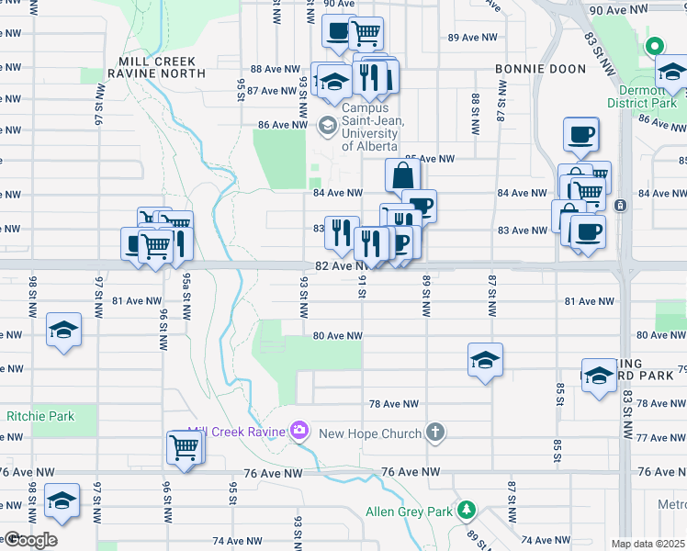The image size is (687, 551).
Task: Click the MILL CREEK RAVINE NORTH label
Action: pos(155,66)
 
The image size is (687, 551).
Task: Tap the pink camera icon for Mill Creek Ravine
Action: pos(298,430)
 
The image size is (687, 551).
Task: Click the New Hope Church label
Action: pos(378,433)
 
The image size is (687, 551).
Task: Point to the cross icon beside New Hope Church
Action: pos(436,432)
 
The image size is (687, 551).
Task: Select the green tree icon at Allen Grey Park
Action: pos(467,509)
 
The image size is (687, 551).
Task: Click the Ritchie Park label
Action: pos(39,416)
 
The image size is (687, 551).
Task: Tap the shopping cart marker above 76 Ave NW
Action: pos(185,447)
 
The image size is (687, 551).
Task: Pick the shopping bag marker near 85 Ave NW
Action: pos(403,174)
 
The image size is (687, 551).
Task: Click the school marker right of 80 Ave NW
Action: pos(486,359)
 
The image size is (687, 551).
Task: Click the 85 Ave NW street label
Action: pos(431,159)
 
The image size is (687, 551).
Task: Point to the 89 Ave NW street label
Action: pos(466,38)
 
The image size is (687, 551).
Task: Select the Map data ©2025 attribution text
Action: pos(648,544)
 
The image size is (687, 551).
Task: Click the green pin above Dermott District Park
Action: pos(654,46)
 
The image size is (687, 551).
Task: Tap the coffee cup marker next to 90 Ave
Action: pos(338,32)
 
